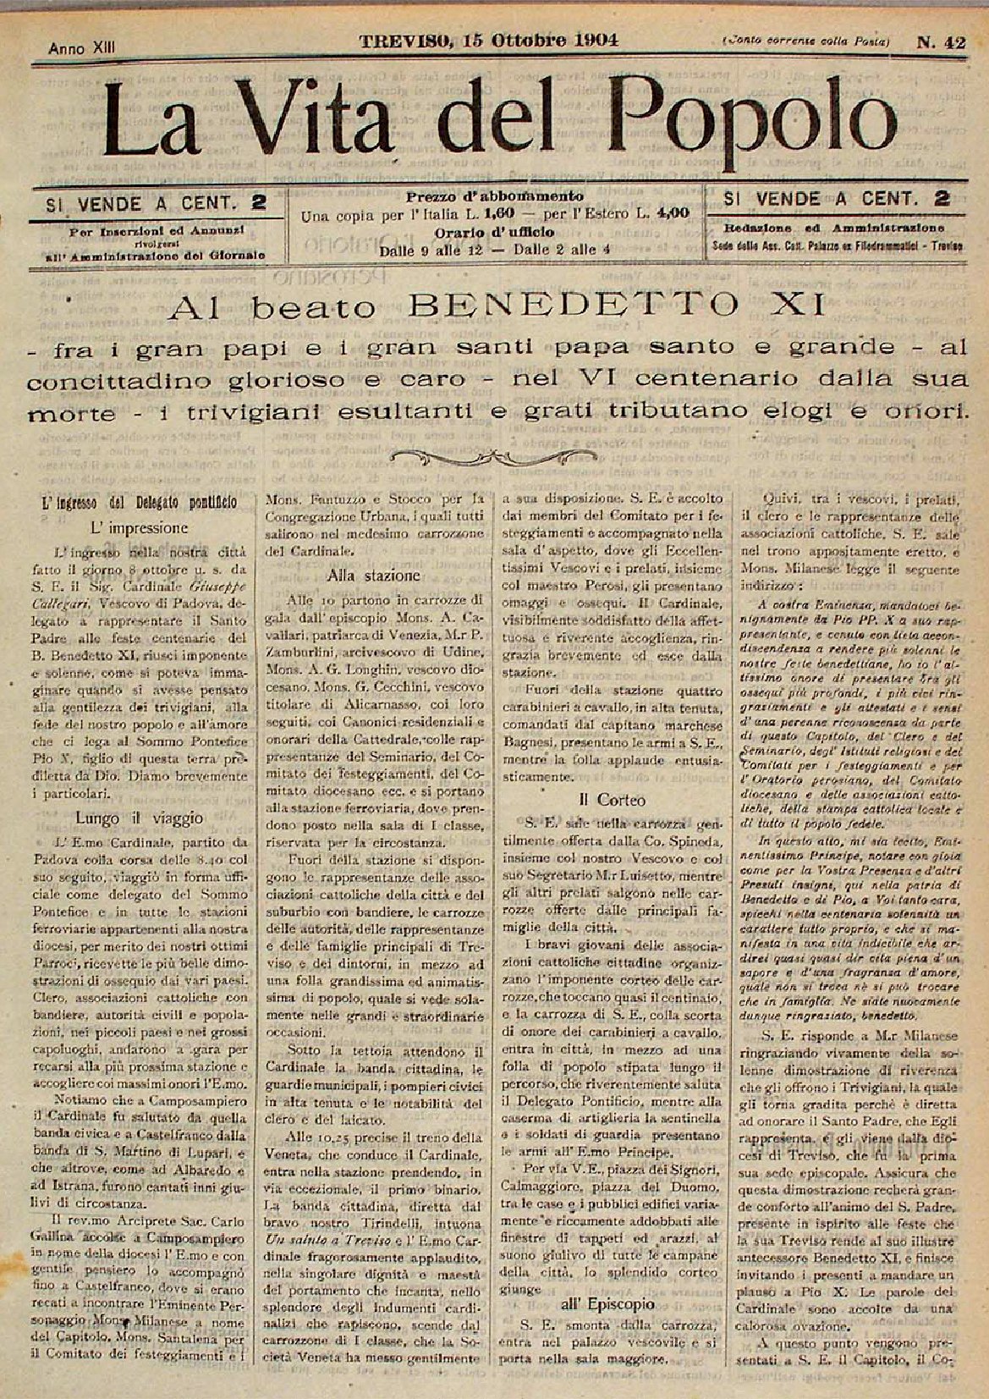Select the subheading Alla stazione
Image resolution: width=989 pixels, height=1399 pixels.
pyautogui.click(x=375, y=576)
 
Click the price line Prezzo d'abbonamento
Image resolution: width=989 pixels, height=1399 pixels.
pyautogui.click(x=495, y=196)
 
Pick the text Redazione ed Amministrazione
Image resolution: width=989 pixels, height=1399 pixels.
pyautogui.click(x=834, y=229)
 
